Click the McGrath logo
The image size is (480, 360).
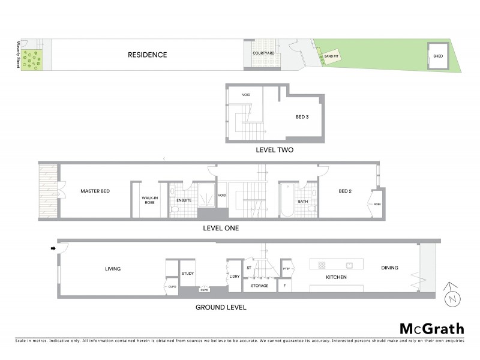pyautogui.click(x=431, y=328)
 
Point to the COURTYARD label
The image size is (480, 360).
pyautogui.click(x=263, y=53)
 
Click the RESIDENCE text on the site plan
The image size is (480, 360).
pyautogui.click(x=147, y=55)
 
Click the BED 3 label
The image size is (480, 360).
pyautogui.click(x=302, y=117)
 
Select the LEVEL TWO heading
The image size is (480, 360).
pyautogui.click(x=274, y=150)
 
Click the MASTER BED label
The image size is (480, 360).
pyautogui.click(x=98, y=191)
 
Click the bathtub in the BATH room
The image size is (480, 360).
pyautogui.click(x=286, y=202)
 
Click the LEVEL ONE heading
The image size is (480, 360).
pyautogui.click(x=222, y=229)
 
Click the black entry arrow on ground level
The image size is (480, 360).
pyautogui.click(x=53, y=248)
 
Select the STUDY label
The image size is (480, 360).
pyautogui.click(x=188, y=274)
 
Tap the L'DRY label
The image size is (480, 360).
pyautogui.click(x=235, y=276)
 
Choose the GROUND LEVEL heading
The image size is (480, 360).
pyautogui.click(x=221, y=307)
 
